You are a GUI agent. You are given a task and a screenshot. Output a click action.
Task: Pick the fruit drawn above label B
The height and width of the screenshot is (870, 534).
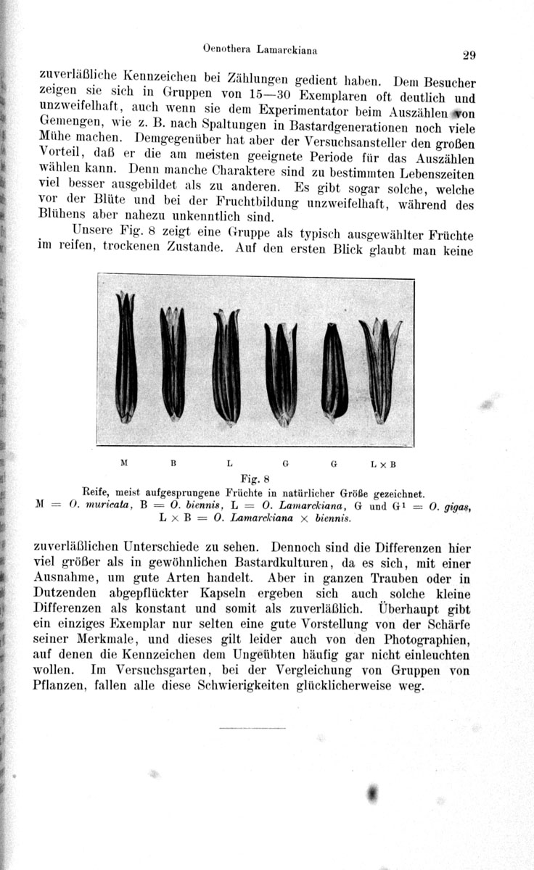click(173, 362)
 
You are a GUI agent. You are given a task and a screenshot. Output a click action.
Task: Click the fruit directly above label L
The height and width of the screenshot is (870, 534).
click(226, 366)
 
